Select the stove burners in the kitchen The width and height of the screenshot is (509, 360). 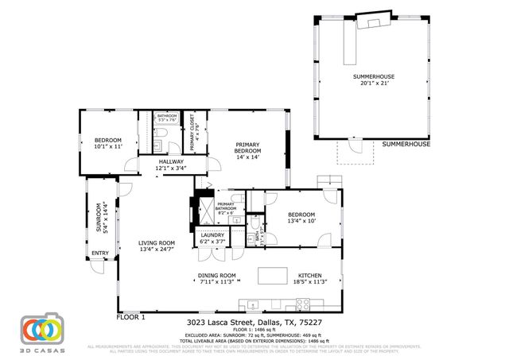(x=303, y=303)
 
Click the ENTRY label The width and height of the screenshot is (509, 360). (x=100, y=254)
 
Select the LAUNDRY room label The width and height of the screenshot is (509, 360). (x=212, y=234)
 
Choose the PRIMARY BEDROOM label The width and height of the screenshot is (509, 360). (x=247, y=147)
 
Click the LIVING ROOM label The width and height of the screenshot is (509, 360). (x=157, y=243)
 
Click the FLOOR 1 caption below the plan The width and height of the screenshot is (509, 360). (x=131, y=316)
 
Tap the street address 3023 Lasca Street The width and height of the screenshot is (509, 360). (x=220, y=323)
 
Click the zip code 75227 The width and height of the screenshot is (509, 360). (x=313, y=323)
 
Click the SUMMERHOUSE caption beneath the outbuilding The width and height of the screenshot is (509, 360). (x=406, y=145)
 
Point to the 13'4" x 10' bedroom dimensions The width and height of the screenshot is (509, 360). (x=301, y=221)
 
